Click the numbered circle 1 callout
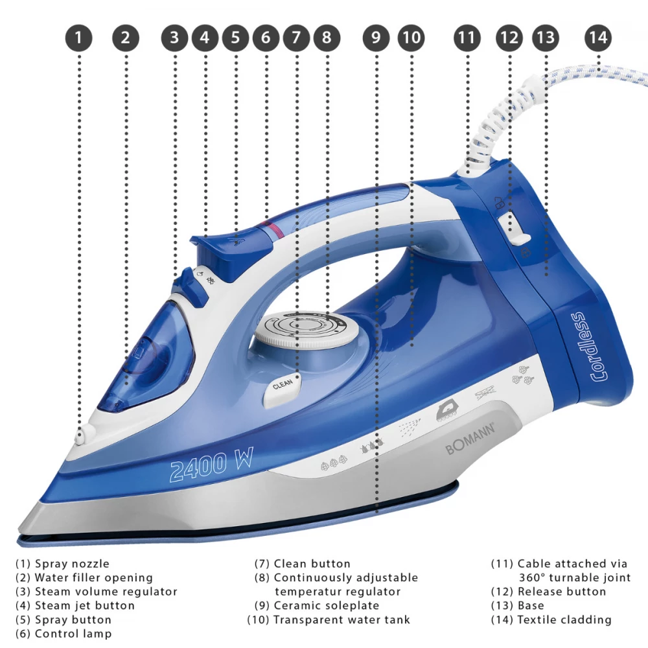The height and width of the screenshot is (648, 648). (78, 38)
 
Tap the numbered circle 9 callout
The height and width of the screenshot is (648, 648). (376, 38)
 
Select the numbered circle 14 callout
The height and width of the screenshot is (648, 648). (597, 38)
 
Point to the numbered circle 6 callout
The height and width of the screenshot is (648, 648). (266, 38)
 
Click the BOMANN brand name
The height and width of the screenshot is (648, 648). (470, 439)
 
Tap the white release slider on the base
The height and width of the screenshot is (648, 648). (512, 230)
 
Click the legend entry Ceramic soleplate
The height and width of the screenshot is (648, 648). (317, 605)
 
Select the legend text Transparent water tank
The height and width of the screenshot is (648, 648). (329, 619)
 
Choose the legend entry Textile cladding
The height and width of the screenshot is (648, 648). (551, 619)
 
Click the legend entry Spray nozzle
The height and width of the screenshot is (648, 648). (62, 563)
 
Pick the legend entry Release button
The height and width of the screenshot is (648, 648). (548, 592)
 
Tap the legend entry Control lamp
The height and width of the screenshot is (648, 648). (64, 634)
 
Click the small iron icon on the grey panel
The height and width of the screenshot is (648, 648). (446, 412)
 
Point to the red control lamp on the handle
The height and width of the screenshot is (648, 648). (273, 228)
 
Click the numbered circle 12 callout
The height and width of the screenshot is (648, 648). (509, 38)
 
